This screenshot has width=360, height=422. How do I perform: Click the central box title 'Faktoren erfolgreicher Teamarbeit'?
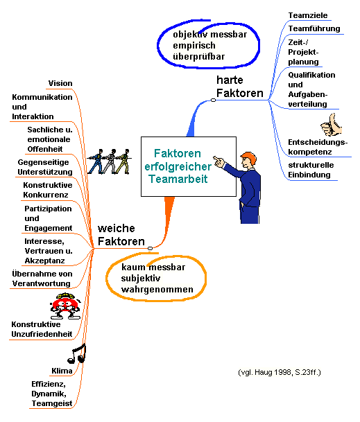(178, 166)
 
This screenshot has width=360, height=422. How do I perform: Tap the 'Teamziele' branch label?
(308, 15)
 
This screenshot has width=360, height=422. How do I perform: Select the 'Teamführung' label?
(314, 28)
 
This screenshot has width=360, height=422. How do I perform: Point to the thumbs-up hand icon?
(331, 125)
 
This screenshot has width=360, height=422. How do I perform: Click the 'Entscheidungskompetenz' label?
(318, 147)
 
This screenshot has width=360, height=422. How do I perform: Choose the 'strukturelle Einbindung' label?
(311, 170)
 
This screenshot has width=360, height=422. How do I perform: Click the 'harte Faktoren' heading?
(240, 87)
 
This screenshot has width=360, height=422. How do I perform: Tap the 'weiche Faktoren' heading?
(121, 235)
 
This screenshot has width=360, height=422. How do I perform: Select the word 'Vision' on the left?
(60, 83)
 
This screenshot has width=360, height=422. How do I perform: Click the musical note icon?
(77, 353)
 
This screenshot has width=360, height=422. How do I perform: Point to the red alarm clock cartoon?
(65, 306)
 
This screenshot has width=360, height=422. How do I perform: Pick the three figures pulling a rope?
(109, 161)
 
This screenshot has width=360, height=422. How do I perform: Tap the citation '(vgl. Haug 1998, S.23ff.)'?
(280, 373)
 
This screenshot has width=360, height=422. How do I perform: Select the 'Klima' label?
(62, 371)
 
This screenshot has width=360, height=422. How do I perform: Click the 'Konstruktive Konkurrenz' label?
(47, 190)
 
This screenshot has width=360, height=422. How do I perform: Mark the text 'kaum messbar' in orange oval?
(153, 267)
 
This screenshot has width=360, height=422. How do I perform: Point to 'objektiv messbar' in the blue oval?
(209, 35)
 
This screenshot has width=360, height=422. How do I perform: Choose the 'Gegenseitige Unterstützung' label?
(45, 167)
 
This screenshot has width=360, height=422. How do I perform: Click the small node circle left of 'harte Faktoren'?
(213, 100)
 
